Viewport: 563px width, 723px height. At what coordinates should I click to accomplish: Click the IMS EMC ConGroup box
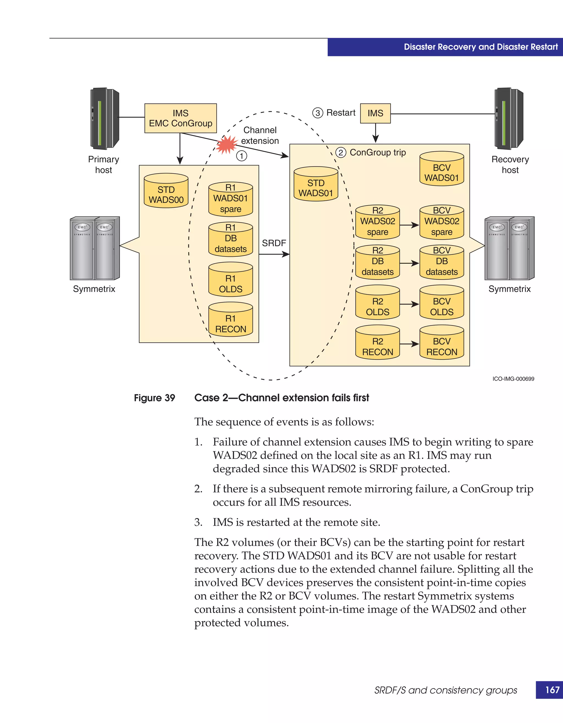(x=180, y=118)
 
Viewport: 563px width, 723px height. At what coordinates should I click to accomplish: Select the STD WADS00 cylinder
(x=166, y=191)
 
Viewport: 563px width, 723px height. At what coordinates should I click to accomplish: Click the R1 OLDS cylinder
(x=230, y=280)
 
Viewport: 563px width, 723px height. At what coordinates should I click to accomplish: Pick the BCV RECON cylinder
(x=441, y=343)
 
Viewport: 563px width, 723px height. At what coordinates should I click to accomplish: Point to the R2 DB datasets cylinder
(x=377, y=262)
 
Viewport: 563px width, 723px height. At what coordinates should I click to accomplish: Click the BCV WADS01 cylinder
(x=441, y=169)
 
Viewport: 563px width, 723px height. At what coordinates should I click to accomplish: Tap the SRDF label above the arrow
(x=274, y=243)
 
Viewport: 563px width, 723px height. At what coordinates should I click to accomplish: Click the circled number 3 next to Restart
(x=318, y=113)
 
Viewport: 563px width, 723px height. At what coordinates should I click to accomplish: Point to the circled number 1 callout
(x=242, y=156)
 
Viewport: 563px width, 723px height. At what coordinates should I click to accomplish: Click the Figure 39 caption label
(x=154, y=398)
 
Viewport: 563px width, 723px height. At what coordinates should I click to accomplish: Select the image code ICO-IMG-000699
(x=513, y=379)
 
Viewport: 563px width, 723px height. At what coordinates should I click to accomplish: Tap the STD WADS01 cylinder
(x=316, y=185)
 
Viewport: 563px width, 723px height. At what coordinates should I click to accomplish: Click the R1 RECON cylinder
(x=230, y=320)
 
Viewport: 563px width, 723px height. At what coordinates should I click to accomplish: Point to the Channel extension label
(x=260, y=135)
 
